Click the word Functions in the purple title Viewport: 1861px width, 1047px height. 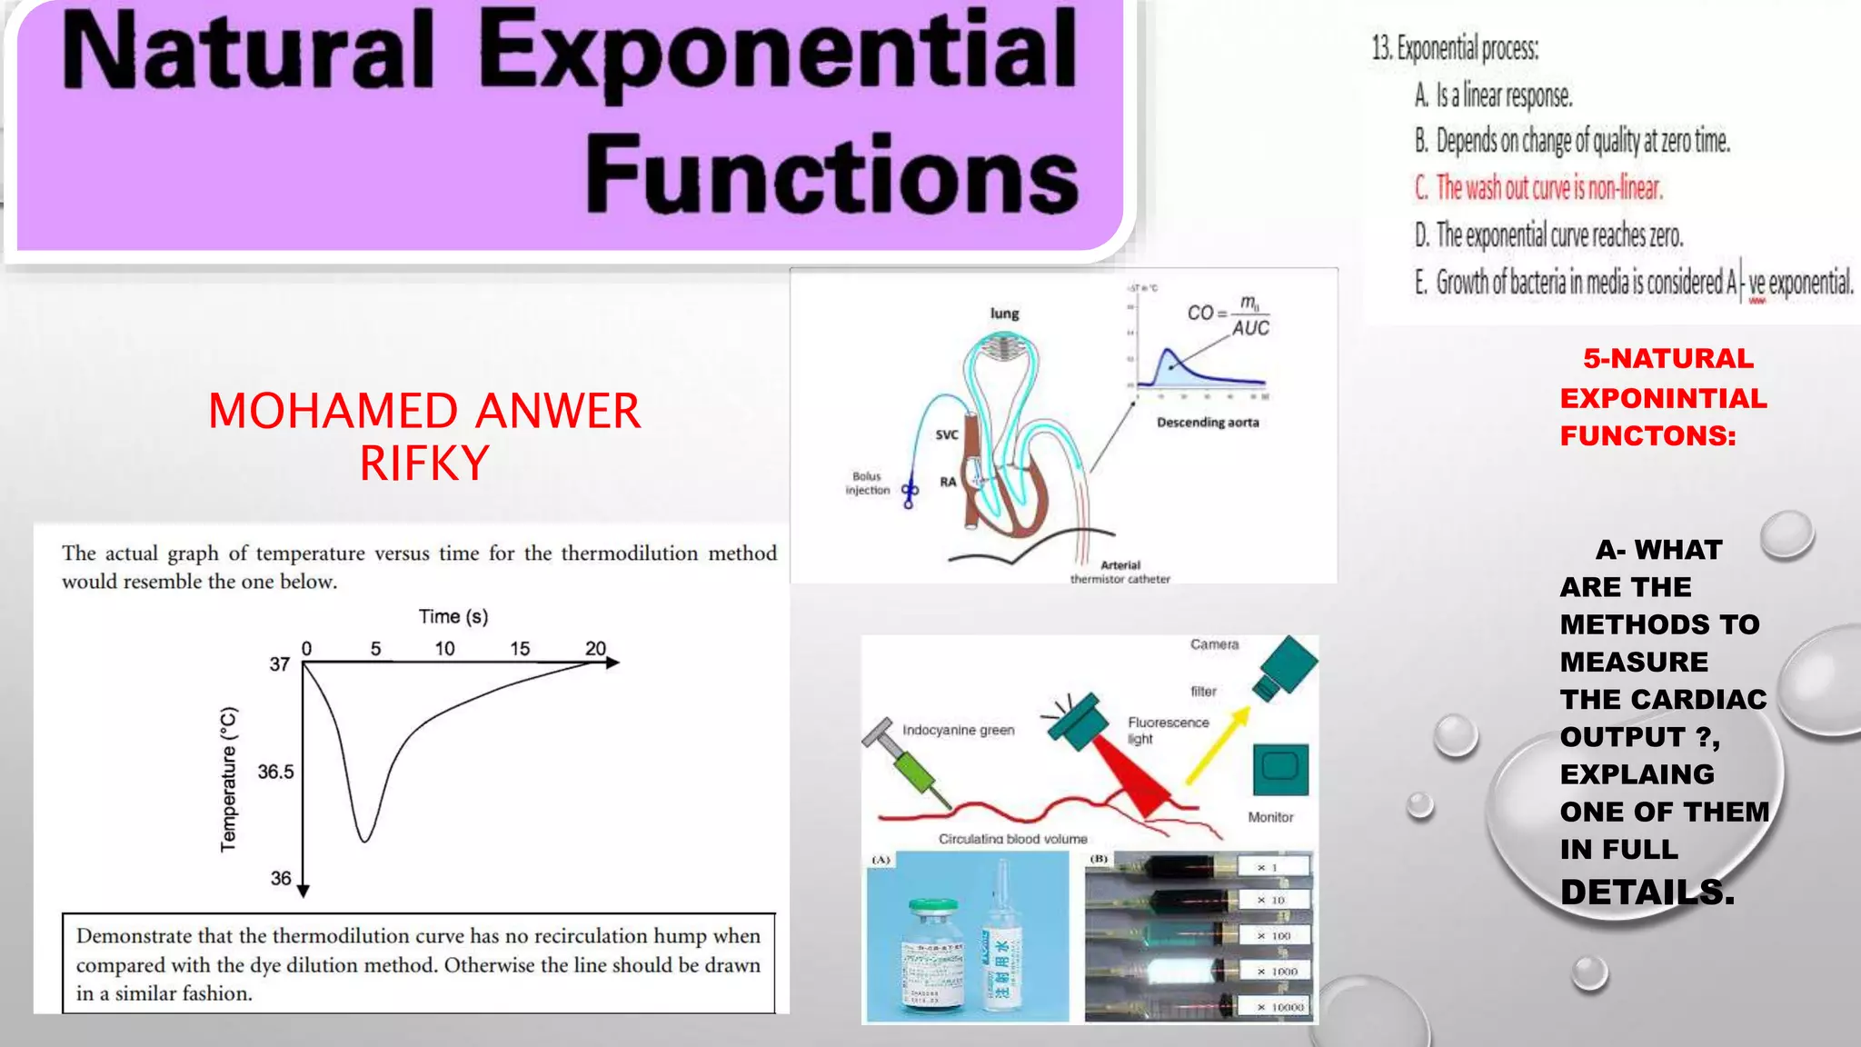point(831,173)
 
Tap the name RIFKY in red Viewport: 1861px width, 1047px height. point(424,464)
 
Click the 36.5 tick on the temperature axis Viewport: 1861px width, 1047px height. point(275,772)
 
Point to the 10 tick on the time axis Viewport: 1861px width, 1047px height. point(444,649)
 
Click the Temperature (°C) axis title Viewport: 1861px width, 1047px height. point(228,779)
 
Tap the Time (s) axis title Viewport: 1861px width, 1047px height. point(453,617)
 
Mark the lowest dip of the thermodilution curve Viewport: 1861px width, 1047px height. point(364,840)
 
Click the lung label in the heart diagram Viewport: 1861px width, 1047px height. point(1004,314)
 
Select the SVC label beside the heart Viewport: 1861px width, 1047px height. point(947,434)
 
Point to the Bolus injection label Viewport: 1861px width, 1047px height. point(867,483)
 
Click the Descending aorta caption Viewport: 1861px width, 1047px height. point(1208,423)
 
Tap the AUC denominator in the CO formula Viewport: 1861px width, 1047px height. point(1250,329)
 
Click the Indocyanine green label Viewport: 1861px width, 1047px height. point(958,730)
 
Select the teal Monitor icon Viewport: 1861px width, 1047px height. point(1279,769)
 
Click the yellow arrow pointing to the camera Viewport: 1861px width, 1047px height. point(1218,745)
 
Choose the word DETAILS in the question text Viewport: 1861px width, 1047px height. point(1647,892)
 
